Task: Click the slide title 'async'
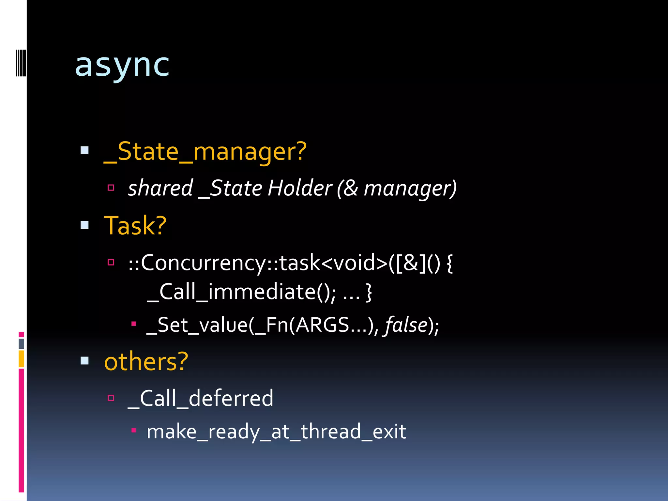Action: click(122, 66)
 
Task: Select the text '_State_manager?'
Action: click(205, 152)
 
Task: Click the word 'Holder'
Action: click(300, 188)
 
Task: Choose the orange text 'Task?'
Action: click(135, 226)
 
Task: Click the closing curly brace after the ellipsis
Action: click(369, 292)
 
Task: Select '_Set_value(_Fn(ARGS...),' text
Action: click(263, 325)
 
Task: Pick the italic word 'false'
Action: click(406, 325)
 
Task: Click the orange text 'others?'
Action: click(146, 362)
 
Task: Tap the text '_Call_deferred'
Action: click(201, 398)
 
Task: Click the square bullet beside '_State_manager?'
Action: click(84, 150)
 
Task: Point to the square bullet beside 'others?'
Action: click(84, 360)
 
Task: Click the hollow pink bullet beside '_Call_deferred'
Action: click(111, 398)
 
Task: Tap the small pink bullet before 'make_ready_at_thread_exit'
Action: click(133, 430)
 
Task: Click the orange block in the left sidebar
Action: click(22, 359)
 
